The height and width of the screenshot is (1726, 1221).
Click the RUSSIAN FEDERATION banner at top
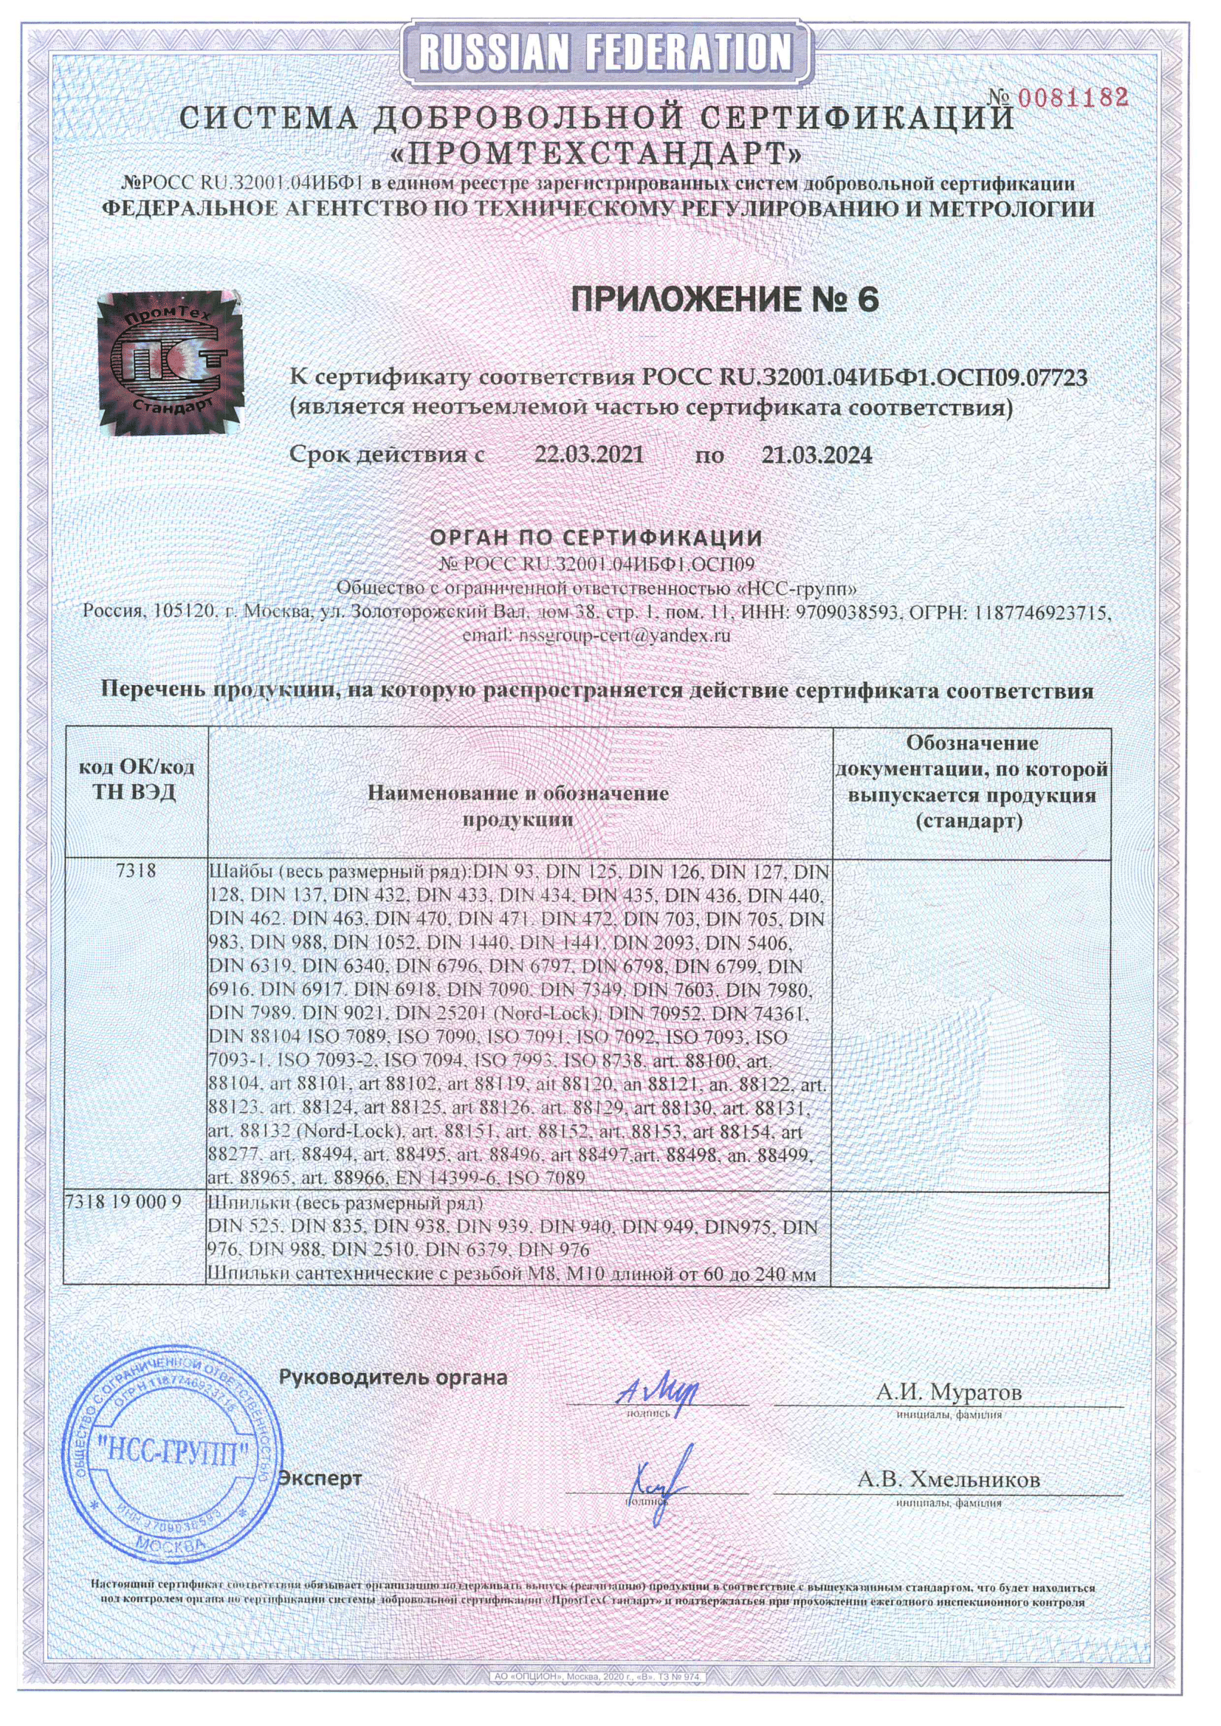click(x=605, y=54)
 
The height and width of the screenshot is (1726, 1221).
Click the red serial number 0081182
click(x=1073, y=97)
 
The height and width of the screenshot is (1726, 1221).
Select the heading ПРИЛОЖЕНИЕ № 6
click(x=725, y=300)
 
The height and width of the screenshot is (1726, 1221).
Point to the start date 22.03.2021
click(x=588, y=455)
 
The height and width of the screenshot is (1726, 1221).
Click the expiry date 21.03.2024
click(x=817, y=455)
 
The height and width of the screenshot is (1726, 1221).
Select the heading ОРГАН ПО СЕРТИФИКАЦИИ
click(x=596, y=537)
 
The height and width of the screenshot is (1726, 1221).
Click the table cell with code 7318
click(x=136, y=871)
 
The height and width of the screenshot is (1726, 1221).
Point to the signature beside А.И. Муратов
click(x=657, y=1393)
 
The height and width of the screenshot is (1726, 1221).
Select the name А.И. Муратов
click(x=949, y=1392)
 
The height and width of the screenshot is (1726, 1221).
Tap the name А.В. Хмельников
click(x=949, y=1480)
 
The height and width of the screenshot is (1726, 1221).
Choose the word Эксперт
click(x=320, y=1478)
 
